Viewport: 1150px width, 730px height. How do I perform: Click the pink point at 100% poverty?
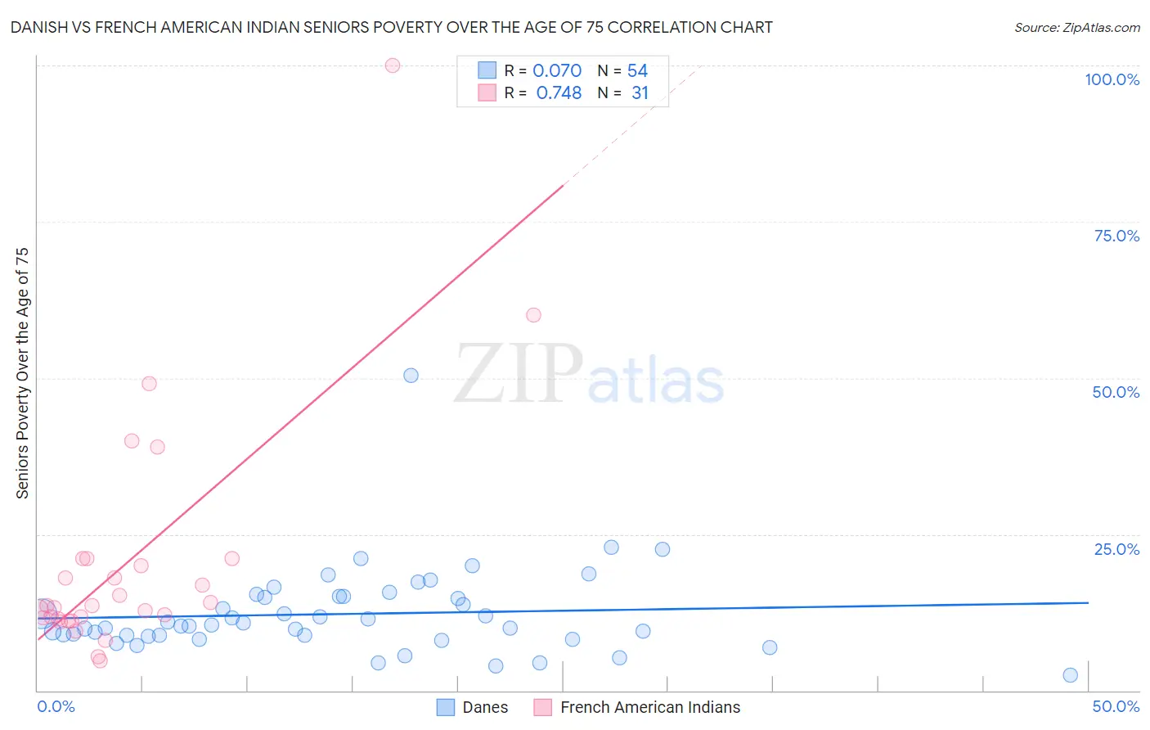[x=393, y=65]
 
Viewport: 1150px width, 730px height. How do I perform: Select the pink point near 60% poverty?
[x=533, y=315]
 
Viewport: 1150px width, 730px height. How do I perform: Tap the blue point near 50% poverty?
[x=411, y=376]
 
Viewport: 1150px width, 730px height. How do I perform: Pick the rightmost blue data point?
[x=1070, y=675]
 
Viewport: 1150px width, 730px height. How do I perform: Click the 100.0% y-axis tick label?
[x=1112, y=79]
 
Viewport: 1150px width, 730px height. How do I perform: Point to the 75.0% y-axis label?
[x=1116, y=236]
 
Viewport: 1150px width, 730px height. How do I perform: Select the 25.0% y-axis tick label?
[x=1116, y=549]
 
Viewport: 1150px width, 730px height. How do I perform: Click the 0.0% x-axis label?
[x=56, y=706]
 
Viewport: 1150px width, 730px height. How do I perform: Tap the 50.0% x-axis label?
[x=1116, y=706]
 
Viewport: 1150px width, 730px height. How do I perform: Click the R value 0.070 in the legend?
[x=557, y=71]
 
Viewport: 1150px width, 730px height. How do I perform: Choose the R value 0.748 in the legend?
[x=559, y=93]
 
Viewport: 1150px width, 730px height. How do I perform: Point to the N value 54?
[x=637, y=71]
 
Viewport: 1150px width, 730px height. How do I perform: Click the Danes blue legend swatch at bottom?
[x=445, y=707]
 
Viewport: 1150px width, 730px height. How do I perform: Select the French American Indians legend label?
[x=650, y=707]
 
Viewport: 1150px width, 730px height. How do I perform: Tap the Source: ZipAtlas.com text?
[x=1076, y=28]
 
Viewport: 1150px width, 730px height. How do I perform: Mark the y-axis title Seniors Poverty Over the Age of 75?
[x=23, y=372]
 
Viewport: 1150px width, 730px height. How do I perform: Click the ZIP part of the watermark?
[x=519, y=374]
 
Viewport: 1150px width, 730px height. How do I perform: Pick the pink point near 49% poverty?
[x=149, y=384]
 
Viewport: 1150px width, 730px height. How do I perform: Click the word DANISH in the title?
[x=38, y=28]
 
